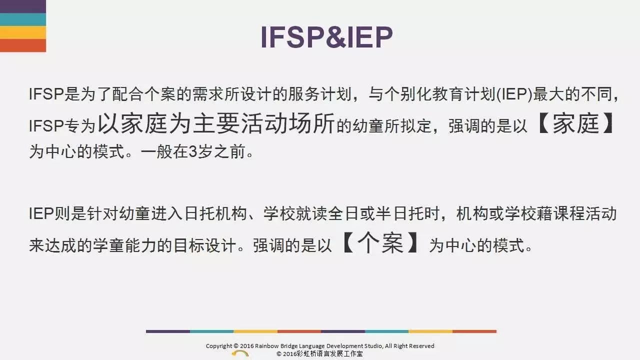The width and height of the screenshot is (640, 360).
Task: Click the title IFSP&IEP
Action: pos(327,37)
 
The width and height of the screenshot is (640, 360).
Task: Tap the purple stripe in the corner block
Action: pos(23,6)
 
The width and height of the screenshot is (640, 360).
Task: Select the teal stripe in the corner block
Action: pos(23,19)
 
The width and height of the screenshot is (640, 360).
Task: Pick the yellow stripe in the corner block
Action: pos(23,32)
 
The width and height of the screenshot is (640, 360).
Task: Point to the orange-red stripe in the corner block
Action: pos(23,45)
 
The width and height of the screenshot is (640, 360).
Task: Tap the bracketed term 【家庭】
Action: pos(575,123)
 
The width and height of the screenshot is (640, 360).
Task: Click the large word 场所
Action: pos(311,123)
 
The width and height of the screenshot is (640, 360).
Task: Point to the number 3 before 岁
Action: pos(193,151)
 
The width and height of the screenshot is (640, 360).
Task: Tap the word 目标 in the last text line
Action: pos(189,245)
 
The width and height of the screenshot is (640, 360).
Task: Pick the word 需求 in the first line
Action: pos(207,94)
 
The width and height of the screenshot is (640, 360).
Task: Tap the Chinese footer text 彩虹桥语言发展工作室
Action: pos(329,353)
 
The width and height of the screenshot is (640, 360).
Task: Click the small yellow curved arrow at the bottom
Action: pos(240,353)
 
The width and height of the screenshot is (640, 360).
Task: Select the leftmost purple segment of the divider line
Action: pos(168,331)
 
